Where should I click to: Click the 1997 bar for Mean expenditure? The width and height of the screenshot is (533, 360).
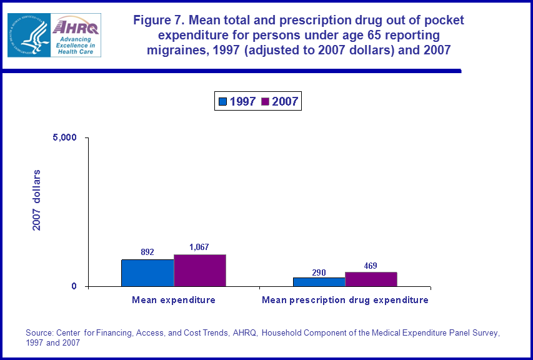coord(147,273)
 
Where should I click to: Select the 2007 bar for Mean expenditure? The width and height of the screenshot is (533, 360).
coord(199,271)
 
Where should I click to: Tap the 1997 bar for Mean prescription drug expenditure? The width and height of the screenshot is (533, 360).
coord(319,282)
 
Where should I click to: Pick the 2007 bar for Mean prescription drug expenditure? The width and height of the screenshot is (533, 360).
coord(371,279)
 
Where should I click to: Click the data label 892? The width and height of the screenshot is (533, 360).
coord(147,252)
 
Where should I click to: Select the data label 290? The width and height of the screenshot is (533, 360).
coord(319,272)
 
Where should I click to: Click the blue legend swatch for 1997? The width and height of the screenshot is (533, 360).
coord(222,101)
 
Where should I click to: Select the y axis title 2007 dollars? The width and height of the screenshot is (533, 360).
coord(37,200)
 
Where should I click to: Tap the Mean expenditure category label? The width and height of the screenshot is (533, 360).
coord(174,300)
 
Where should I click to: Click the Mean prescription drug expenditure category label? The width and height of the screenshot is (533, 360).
coord(345,300)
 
